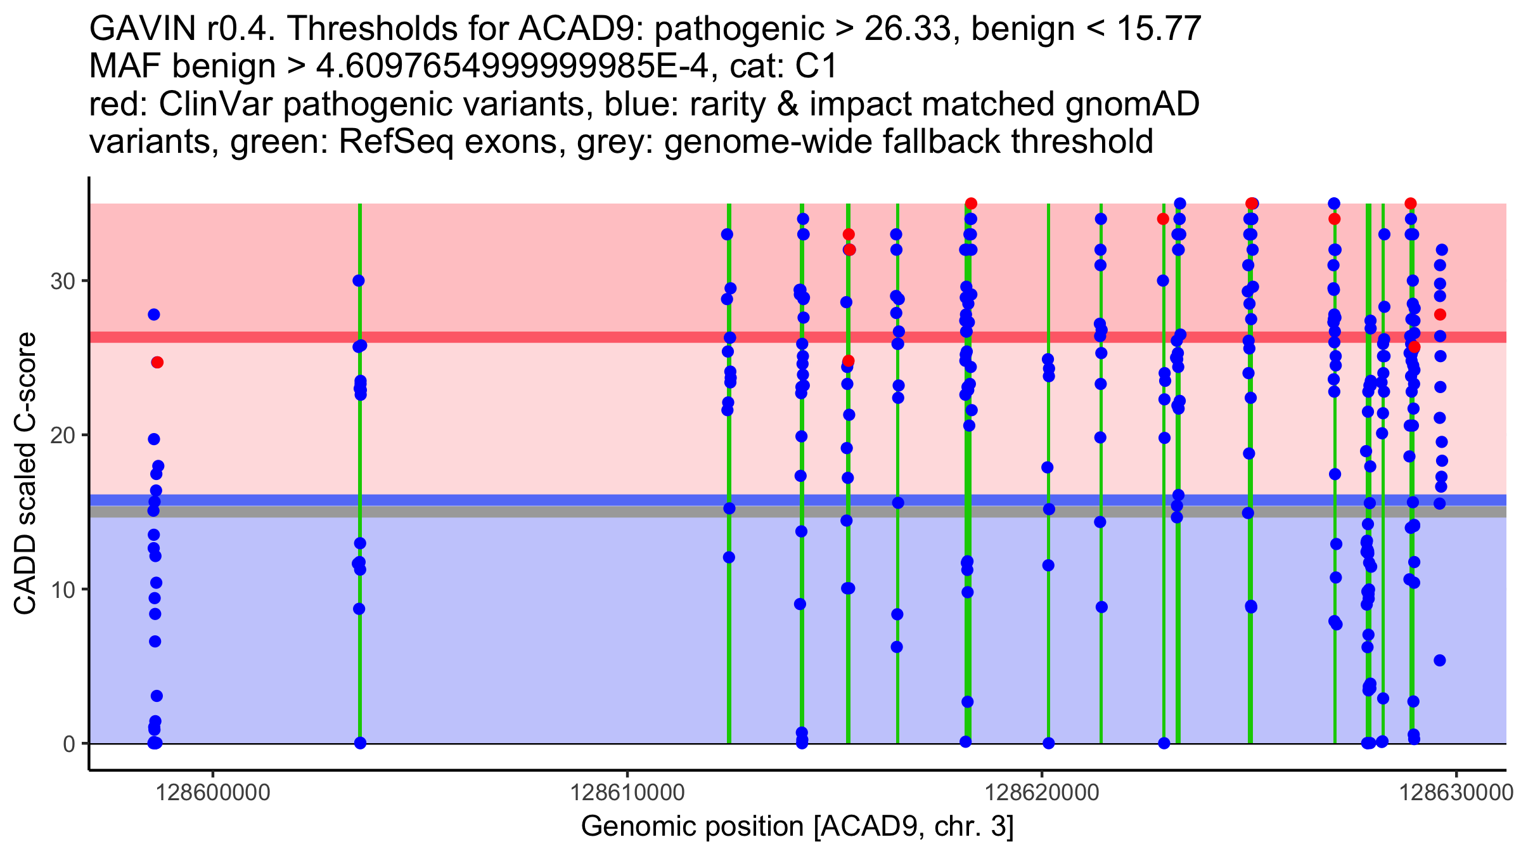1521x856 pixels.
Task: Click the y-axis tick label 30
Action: (62, 281)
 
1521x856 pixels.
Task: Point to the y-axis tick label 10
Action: (62, 590)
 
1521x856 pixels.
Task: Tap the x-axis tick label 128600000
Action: (213, 793)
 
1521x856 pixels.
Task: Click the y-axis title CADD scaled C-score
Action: (25, 474)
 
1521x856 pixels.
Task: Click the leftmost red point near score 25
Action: (157, 362)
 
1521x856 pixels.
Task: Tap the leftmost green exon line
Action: (360, 634)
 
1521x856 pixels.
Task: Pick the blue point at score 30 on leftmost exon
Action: (359, 280)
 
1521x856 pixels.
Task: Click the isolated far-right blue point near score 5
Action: (1440, 660)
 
